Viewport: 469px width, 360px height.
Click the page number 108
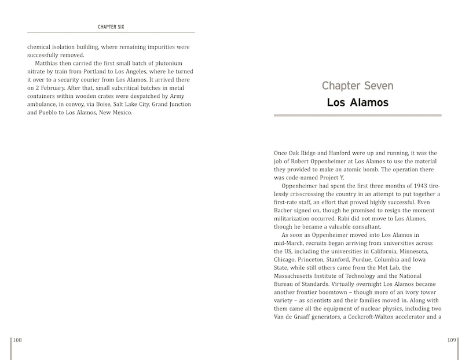pyautogui.click(x=17, y=340)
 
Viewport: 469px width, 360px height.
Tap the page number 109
pyautogui.click(x=452, y=340)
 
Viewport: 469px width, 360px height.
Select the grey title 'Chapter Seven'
pyautogui.click(x=357, y=86)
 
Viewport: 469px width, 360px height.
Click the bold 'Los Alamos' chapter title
pyautogui.click(x=357, y=103)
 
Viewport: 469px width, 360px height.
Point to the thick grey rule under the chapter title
pyautogui.click(x=357, y=115)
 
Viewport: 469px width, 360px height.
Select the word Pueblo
pyautogui.click(x=57, y=112)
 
